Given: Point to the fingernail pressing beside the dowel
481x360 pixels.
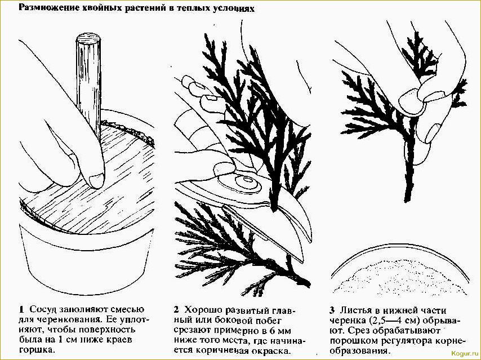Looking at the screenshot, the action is [97, 180].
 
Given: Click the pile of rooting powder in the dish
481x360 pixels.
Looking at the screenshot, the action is [399, 276].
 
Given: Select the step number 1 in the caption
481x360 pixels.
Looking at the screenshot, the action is [21, 309].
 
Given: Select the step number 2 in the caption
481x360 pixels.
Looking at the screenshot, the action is [176, 309].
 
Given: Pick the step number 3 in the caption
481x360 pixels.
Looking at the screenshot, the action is [332, 310].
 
